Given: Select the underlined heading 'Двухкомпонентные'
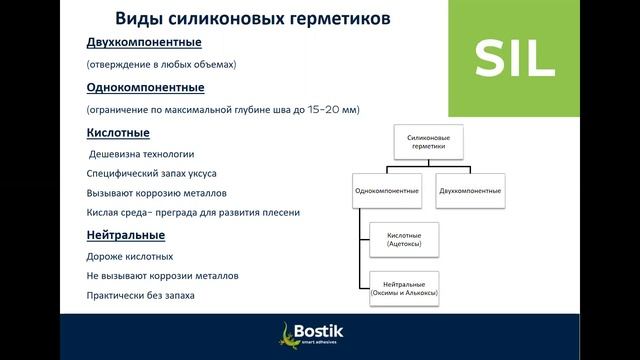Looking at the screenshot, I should [144, 43].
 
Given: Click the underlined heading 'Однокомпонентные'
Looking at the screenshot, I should [144, 88].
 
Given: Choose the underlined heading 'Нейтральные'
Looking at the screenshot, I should [125, 235].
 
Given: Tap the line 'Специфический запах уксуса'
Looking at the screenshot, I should [153, 173].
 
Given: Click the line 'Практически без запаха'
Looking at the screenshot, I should [141, 296].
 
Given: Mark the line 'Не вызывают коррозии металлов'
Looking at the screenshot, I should [162, 276].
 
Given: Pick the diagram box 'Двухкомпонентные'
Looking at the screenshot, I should [470, 190].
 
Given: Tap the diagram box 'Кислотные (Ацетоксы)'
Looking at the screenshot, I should [405, 240].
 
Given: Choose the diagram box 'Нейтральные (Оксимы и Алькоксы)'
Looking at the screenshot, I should [405, 289].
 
